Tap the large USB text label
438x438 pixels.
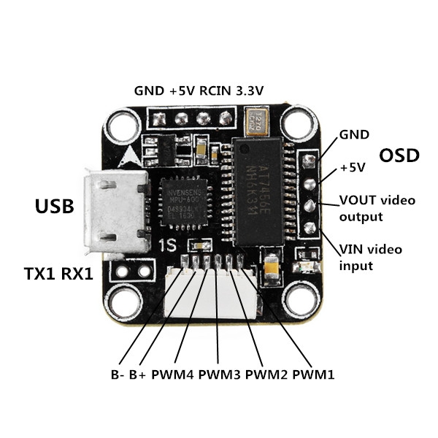point(55,207)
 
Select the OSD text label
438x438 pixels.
point(401,155)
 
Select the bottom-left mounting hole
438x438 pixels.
point(121,299)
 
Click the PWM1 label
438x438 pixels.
point(313,375)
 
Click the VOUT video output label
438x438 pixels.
point(370,208)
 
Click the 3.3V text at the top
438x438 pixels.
point(250,91)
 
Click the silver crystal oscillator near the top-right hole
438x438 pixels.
point(259,119)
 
